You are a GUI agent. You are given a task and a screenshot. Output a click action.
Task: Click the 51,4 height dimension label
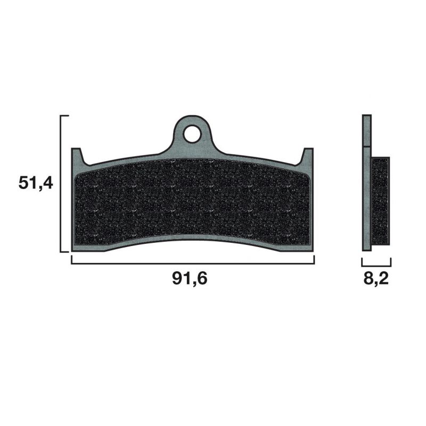click(x=36, y=183)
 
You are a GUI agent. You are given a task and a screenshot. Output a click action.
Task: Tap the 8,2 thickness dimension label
click(x=376, y=279)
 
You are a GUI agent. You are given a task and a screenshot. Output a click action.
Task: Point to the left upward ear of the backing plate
click(x=77, y=156)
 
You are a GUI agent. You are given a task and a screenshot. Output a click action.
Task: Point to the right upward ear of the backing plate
click(x=308, y=156)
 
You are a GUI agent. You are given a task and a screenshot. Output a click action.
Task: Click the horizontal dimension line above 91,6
click(x=192, y=263)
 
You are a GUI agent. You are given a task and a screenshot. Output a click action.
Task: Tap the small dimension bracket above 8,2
click(x=376, y=264)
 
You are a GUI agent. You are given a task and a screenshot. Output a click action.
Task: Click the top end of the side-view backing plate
click(x=366, y=120)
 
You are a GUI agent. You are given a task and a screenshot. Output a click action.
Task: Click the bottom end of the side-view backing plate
click(x=366, y=246)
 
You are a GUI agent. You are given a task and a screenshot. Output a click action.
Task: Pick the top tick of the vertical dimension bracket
click(x=65, y=116)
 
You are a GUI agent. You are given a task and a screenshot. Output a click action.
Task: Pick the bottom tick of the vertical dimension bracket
click(x=65, y=251)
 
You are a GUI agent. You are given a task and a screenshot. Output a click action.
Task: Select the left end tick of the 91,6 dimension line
click(x=72, y=260)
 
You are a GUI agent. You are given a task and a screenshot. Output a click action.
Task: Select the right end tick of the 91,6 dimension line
click(x=314, y=260)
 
